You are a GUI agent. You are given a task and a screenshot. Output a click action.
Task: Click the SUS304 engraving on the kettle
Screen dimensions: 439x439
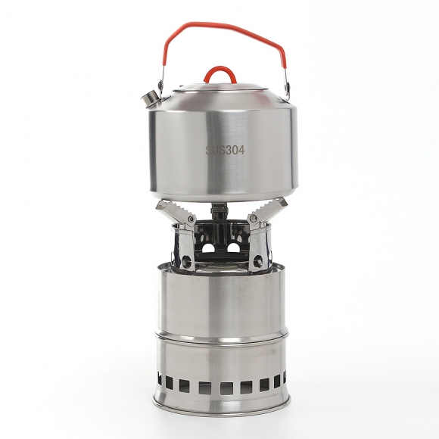click(225, 151)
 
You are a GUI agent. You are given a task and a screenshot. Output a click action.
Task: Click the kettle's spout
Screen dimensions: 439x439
click(151, 98)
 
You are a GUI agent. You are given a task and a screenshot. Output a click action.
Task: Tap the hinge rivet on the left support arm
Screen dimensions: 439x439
click(191, 218)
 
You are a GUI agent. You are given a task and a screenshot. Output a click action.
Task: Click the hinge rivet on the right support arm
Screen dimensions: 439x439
click(254, 218)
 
